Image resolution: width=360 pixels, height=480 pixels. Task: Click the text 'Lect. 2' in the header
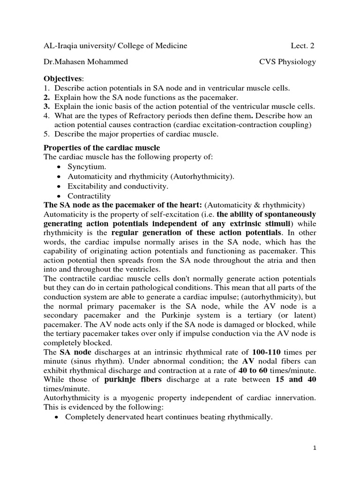tap(303, 45)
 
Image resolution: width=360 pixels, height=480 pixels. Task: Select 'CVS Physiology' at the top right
tap(288, 62)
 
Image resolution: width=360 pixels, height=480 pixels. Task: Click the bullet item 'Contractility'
tap(89, 196)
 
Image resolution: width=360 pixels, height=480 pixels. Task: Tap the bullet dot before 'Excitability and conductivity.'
tap(58, 187)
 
